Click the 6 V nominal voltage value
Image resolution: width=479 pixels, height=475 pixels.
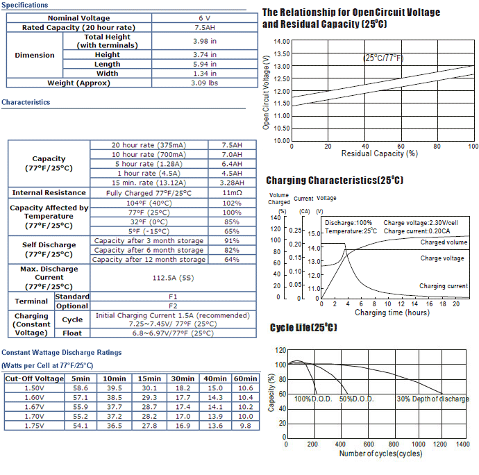tap(204, 18)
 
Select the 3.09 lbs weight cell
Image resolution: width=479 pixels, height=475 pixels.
tap(204, 83)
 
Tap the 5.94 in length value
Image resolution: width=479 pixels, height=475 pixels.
tap(204, 64)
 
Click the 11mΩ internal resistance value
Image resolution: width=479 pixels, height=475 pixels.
tap(232, 193)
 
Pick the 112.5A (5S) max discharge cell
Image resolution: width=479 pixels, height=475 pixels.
tap(174, 278)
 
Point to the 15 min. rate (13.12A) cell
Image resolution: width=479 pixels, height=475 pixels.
tap(149, 183)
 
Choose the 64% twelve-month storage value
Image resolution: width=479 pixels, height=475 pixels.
tap(232, 260)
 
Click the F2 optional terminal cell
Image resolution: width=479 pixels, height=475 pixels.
tap(173, 306)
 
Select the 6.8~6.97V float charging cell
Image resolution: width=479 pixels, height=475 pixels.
tap(173, 333)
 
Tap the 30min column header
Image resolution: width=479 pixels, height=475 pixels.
tap(183, 378)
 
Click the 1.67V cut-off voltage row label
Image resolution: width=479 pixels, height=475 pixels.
tap(34, 407)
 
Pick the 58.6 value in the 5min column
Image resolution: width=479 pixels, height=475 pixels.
tap(81, 388)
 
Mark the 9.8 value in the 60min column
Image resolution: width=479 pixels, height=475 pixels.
tap(245, 426)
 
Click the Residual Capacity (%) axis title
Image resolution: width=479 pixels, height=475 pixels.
tap(380, 153)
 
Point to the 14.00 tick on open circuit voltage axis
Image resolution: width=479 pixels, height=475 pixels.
tap(281, 42)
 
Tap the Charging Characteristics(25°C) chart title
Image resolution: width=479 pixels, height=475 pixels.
tap(335, 180)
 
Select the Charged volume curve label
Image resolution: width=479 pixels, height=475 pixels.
tap(444, 242)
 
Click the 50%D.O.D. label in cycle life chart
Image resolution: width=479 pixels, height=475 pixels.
tap(357, 399)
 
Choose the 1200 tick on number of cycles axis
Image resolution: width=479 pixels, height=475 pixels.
tap(440, 444)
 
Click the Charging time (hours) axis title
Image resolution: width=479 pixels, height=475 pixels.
tap(392, 312)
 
